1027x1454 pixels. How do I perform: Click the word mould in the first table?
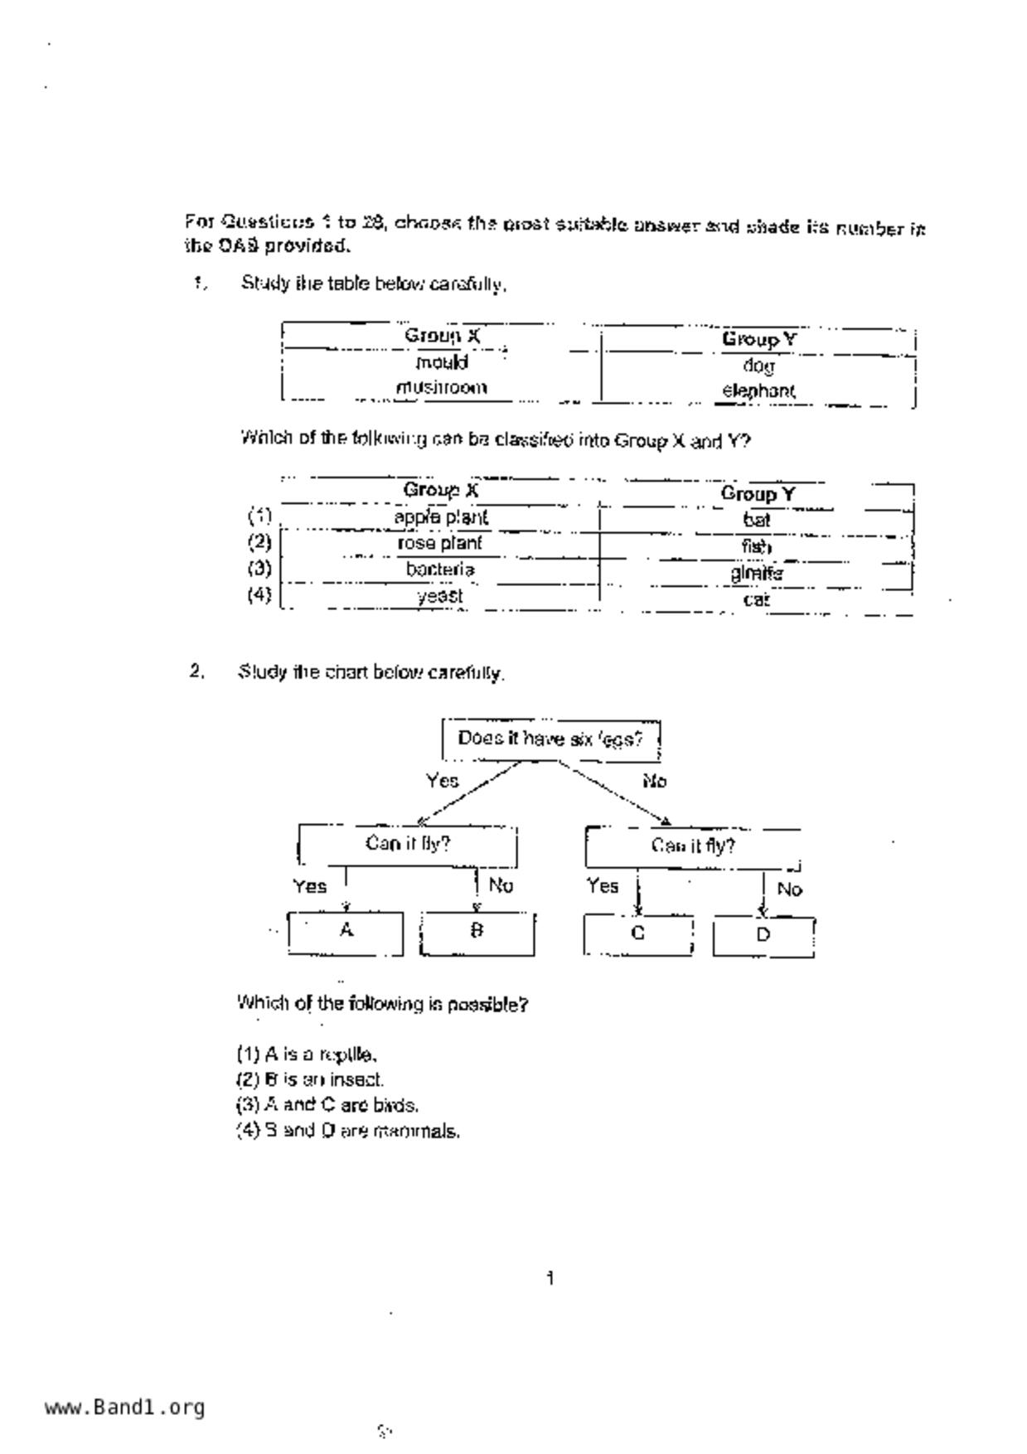(x=442, y=363)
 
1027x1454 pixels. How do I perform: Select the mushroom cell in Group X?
(x=441, y=388)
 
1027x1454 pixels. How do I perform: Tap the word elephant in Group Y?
(x=758, y=390)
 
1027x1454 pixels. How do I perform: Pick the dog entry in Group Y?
(x=758, y=366)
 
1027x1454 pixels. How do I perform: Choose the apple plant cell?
(x=441, y=517)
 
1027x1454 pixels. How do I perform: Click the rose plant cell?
(x=439, y=543)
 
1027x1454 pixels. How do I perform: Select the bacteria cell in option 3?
(x=440, y=569)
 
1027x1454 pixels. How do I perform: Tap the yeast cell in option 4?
(x=440, y=596)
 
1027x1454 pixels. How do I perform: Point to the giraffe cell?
(x=757, y=573)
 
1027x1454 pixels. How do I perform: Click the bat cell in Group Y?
(x=757, y=520)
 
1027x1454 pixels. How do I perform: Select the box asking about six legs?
(x=550, y=739)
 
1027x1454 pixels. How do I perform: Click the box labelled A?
(x=346, y=932)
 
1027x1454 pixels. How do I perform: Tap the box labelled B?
(x=477, y=933)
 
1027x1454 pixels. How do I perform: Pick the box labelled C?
(x=637, y=934)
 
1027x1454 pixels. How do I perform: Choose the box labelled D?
(x=763, y=936)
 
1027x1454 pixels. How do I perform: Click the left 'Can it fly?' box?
(x=408, y=845)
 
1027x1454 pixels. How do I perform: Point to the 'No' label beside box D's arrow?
(x=789, y=889)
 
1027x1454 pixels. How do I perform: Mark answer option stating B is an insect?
(x=310, y=1080)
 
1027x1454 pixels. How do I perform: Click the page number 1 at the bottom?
(x=550, y=1279)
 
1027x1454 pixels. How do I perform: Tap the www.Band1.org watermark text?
(x=124, y=1408)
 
